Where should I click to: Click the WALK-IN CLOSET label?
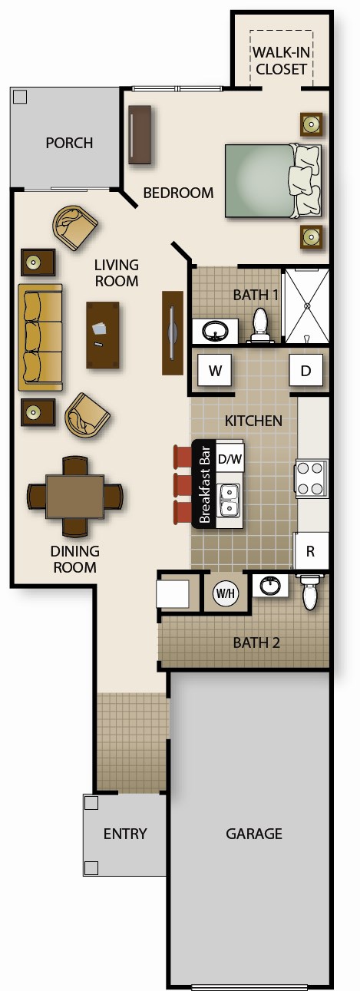click(x=281, y=61)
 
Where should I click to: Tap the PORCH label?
click(x=69, y=143)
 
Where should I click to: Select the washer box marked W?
click(x=215, y=372)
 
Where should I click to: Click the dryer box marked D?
click(x=306, y=372)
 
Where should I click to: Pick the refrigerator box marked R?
click(x=310, y=550)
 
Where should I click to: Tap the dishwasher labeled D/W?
click(x=230, y=459)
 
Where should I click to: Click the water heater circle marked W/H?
click(x=224, y=593)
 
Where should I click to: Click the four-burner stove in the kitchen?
click(x=312, y=478)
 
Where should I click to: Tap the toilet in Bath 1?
click(x=260, y=326)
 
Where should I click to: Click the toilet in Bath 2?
click(x=309, y=593)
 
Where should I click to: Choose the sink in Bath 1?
click(x=213, y=332)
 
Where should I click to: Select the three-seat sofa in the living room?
click(x=40, y=337)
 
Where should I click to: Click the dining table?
click(x=74, y=497)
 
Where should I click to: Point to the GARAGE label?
click(x=253, y=834)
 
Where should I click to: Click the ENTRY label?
click(x=125, y=834)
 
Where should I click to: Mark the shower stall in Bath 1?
click(x=306, y=306)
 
